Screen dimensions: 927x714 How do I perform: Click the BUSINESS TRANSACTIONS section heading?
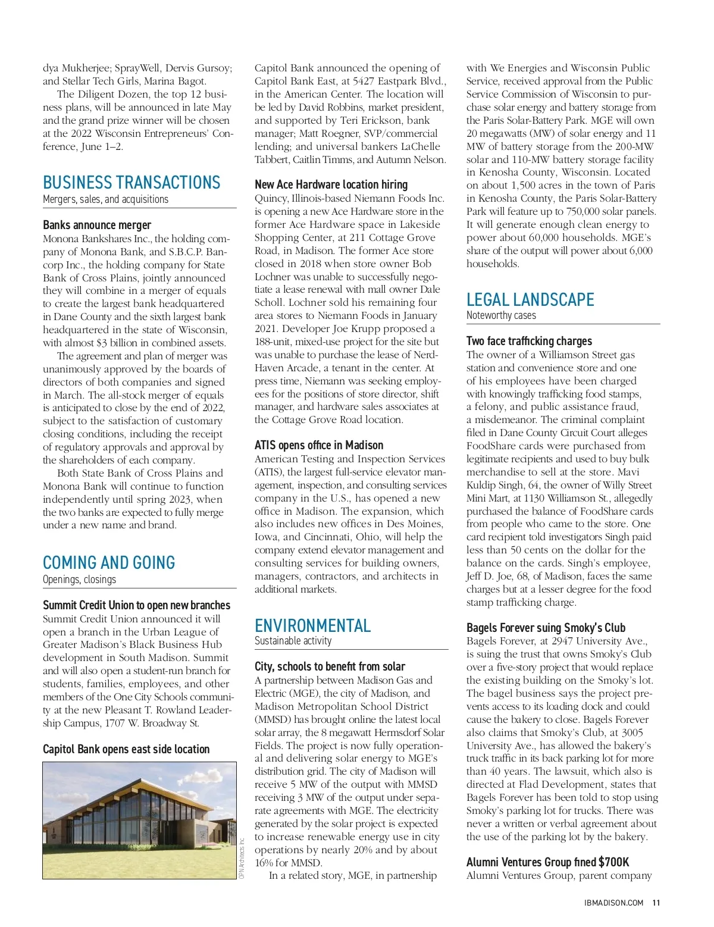pyautogui.click(x=131, y=182)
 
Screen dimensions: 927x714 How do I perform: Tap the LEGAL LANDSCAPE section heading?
pyautogui.click(x=530, y=299)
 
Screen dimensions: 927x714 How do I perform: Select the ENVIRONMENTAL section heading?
pyautogui.click(x=312, y=625)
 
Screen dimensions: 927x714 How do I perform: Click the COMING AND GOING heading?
pyautogui.click(x=109, y=562)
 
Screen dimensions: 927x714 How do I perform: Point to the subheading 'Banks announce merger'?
pyautogui.click(x=97, y=225)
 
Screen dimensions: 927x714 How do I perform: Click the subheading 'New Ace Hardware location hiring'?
pyautogui.click(x=331, y=184)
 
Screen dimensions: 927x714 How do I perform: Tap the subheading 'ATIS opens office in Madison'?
pyautogui.click(x=319, y=445)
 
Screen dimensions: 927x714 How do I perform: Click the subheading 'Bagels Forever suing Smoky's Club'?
pyautogui.click(x=546, y=628)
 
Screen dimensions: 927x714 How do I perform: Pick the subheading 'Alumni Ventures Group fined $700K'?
pyautogui.click(x=547, y=862)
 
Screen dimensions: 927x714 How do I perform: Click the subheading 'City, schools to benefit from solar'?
pyautogui.click(x=330, y=666)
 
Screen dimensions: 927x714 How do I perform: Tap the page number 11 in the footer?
pyautogui.click(x=656, y=903)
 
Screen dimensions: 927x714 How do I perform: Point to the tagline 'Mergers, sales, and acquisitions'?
pyautogui.click(x=105, y=199)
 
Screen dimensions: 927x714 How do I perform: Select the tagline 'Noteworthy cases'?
pyautogui.click(x=501, y=315)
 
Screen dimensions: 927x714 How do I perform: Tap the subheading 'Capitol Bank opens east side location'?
pyautogui.click(x=126, y=749)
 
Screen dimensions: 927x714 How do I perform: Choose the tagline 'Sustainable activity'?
pyautogui.click(x=293, y=641)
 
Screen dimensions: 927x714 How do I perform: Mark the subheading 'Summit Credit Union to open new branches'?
pyautogui.click(x=136, y=605)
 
